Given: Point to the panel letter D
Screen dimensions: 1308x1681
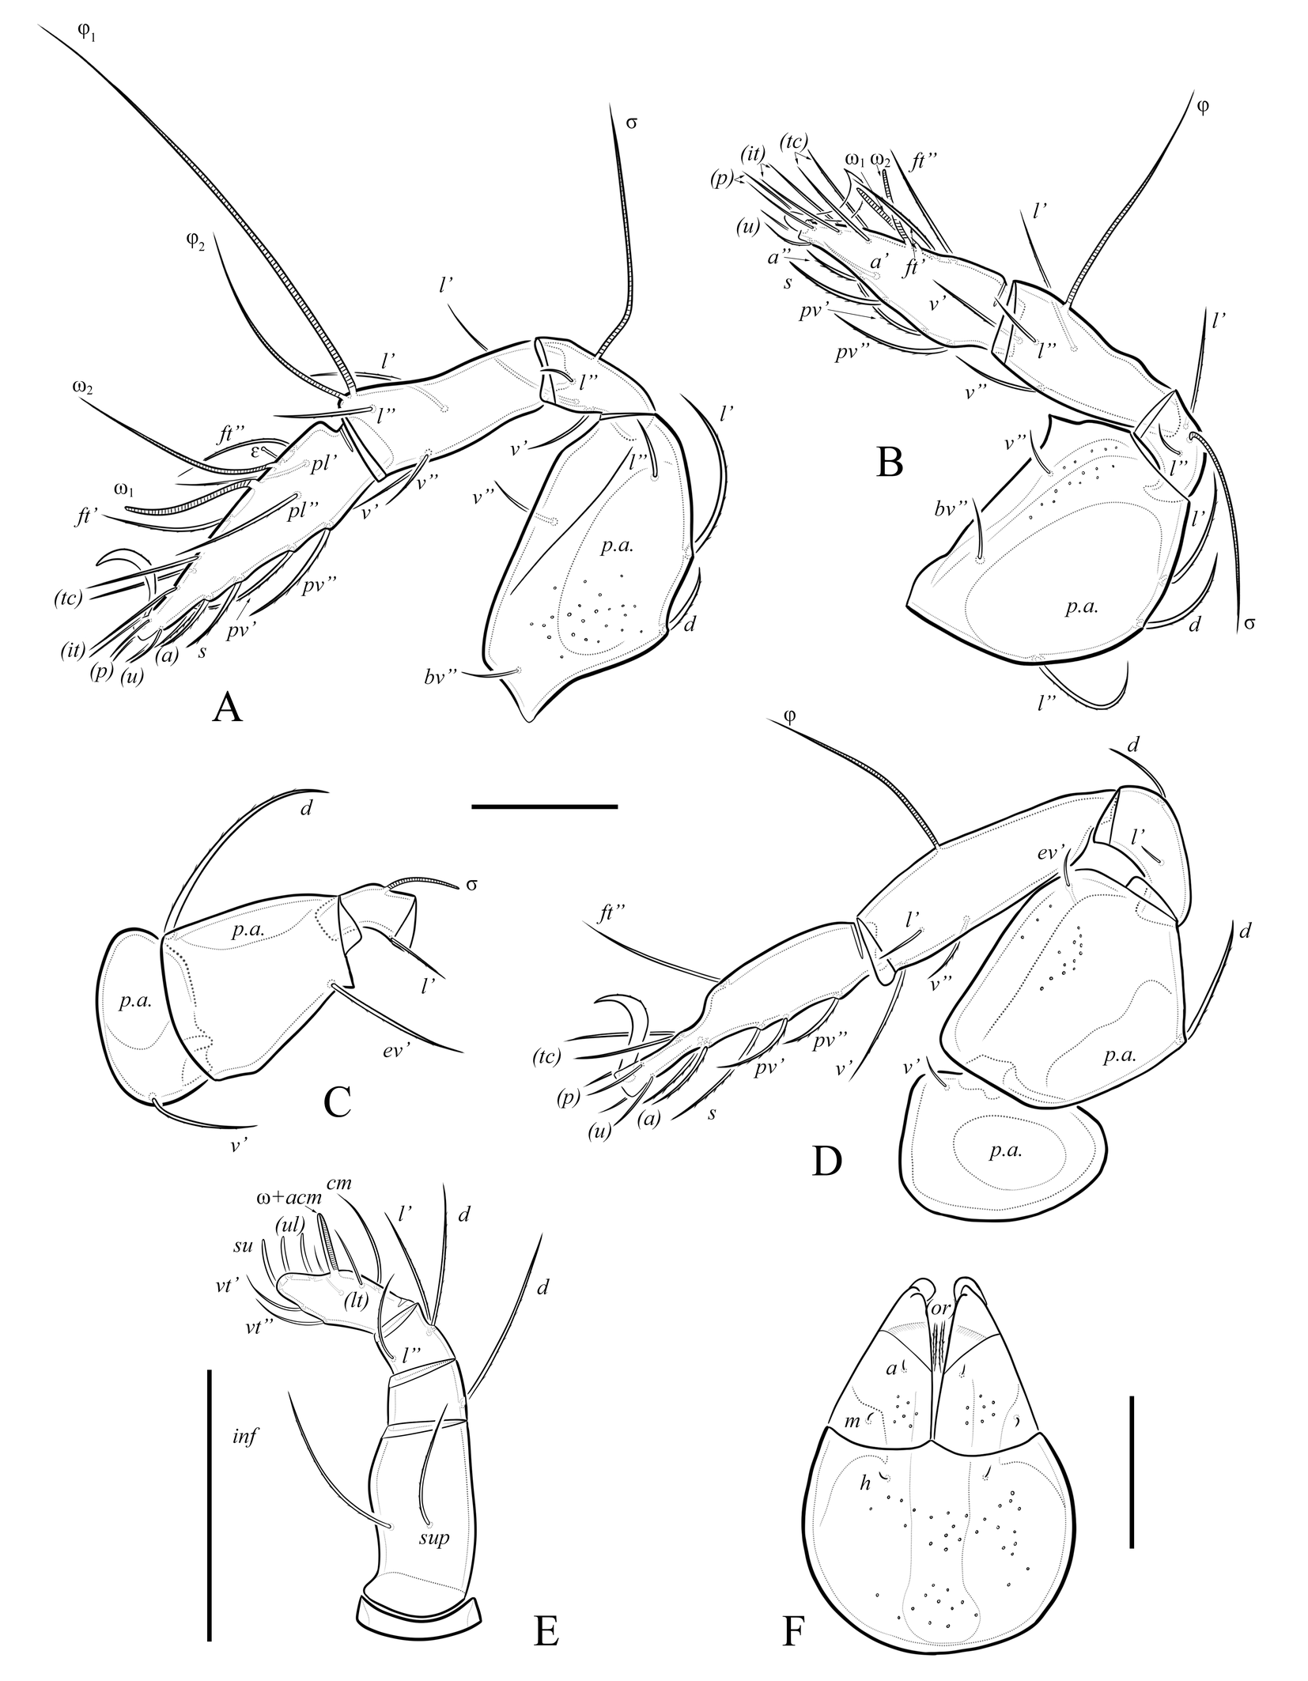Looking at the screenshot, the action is pos(826,1161).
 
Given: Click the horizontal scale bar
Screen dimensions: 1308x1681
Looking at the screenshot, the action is pos(544,807).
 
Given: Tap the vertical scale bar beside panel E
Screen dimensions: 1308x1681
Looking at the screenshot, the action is pos(210,1492).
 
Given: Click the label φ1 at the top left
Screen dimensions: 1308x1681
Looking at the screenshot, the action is pos(86,34).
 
